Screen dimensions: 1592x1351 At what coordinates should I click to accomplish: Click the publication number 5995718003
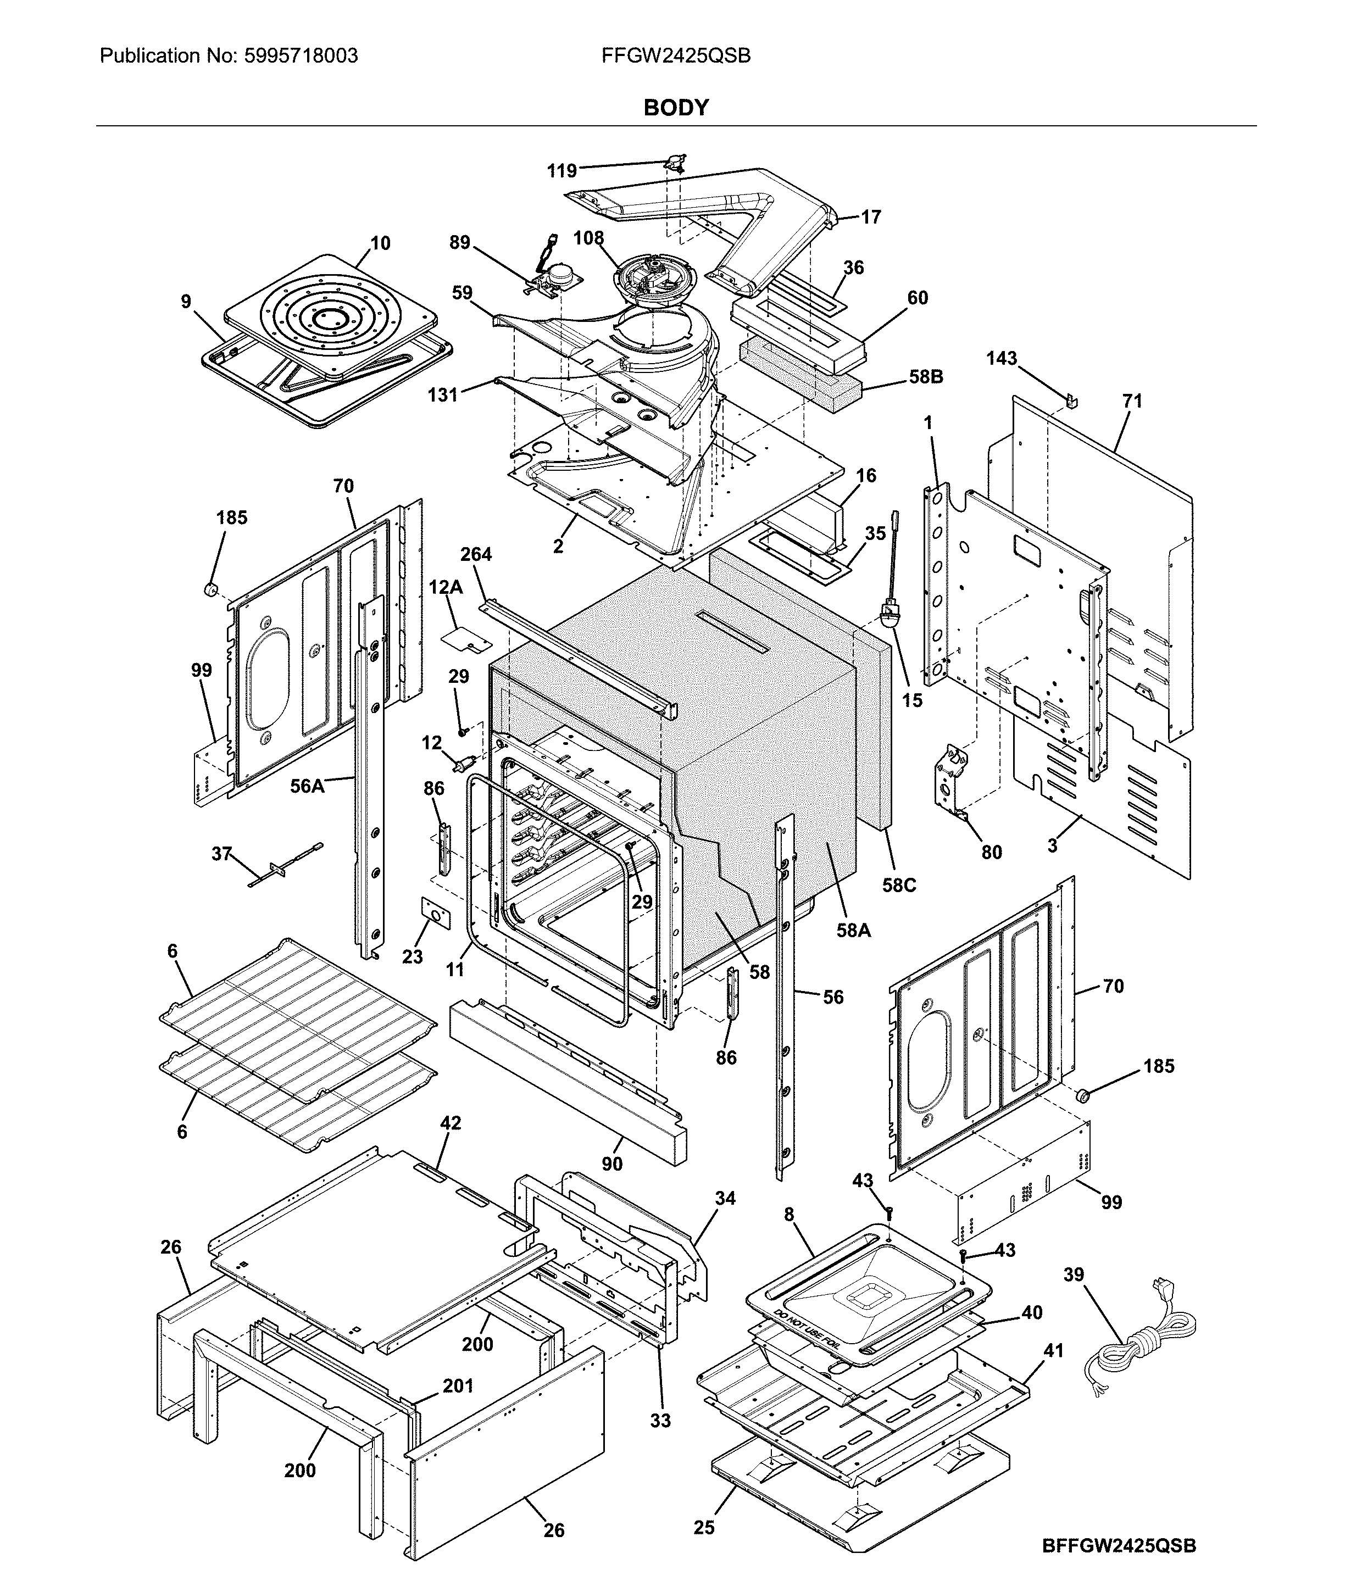coord(299,56)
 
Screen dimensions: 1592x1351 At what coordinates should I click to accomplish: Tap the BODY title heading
coord(676,108)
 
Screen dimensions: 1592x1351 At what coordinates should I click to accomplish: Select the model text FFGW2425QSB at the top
coord(676,56)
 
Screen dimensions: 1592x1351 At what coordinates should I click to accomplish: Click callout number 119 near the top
coord(561,171)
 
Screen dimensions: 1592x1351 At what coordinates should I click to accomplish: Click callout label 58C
coord(898,885)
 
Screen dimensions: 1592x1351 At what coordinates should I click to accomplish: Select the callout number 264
coord(476,554)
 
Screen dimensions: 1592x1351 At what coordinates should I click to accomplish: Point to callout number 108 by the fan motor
coord(588,238)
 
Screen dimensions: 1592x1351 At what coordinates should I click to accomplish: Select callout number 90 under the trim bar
coord(611,1164)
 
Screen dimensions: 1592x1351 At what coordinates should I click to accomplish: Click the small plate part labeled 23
coord(435,914)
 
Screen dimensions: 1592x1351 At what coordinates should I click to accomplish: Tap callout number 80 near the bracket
coord(991,852)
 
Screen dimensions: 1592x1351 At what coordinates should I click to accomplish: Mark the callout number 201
coord(458,1386)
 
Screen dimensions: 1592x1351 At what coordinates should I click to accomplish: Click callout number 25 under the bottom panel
coord(704,1527)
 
